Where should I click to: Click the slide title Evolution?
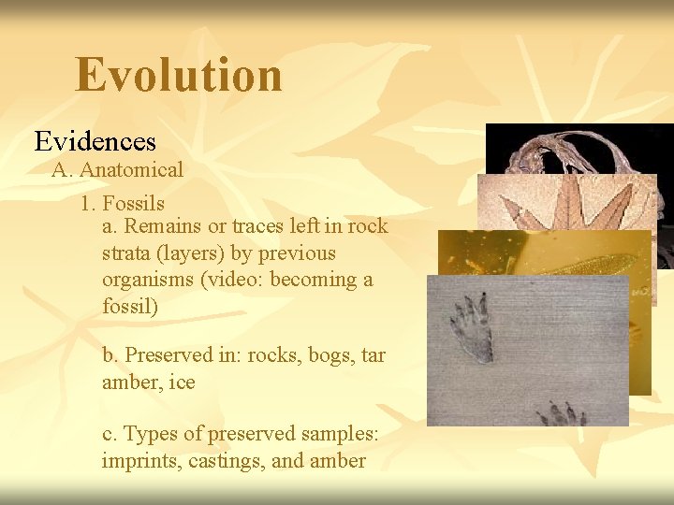tap(178, 75)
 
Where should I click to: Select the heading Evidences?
tap(95, 141)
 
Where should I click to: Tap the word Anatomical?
tap(131, 170)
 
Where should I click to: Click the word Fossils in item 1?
tap(134, 203)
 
